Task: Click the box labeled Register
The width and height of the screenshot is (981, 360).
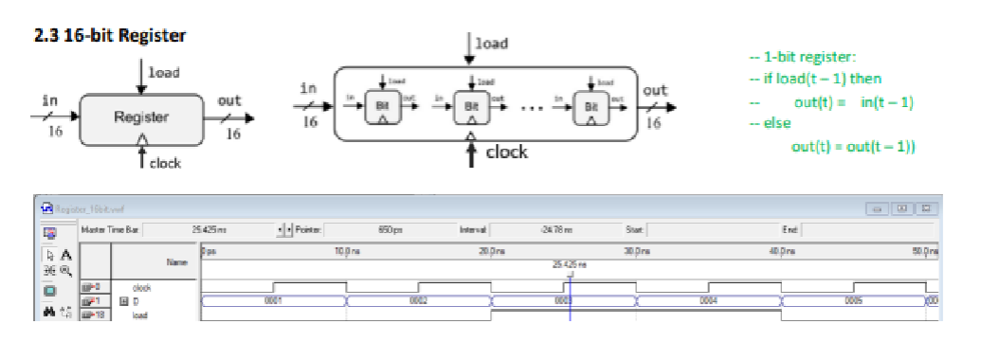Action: coord(141,118)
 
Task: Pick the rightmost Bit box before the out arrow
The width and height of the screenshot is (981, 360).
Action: coord(591,106)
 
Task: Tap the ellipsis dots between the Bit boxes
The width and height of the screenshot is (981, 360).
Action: coord(532,108)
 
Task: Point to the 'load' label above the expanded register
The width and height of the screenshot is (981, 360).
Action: coord(491,44)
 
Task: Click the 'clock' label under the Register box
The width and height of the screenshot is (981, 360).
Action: coord(165,164)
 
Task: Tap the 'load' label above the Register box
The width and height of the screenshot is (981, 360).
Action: coord(165,71)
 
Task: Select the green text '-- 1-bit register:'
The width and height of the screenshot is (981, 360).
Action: coord(802,57)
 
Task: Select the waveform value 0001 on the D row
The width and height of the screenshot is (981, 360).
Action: coord(274,300)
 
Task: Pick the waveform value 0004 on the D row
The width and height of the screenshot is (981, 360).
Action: coord(707,300)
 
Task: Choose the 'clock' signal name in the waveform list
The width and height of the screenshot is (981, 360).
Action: coord(142,286)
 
